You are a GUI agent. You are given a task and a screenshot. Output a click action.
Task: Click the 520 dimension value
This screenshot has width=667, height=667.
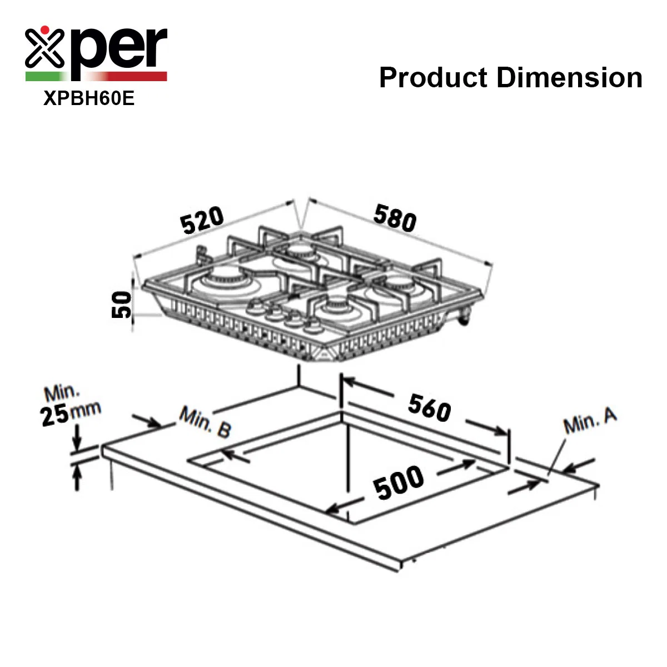202,220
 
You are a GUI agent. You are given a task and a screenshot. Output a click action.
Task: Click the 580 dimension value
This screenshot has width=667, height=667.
395,218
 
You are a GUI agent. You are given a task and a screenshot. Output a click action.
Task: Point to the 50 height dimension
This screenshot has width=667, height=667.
121,305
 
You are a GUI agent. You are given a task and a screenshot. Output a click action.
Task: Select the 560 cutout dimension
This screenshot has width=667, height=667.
429,408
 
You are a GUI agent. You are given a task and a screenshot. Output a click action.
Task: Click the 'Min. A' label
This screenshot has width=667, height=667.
590,420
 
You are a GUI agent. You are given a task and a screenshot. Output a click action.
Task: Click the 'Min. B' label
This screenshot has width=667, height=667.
205,421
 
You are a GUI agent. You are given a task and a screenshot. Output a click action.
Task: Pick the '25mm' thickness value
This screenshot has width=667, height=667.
70,414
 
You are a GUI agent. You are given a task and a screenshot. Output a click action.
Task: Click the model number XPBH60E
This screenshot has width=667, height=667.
89,98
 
